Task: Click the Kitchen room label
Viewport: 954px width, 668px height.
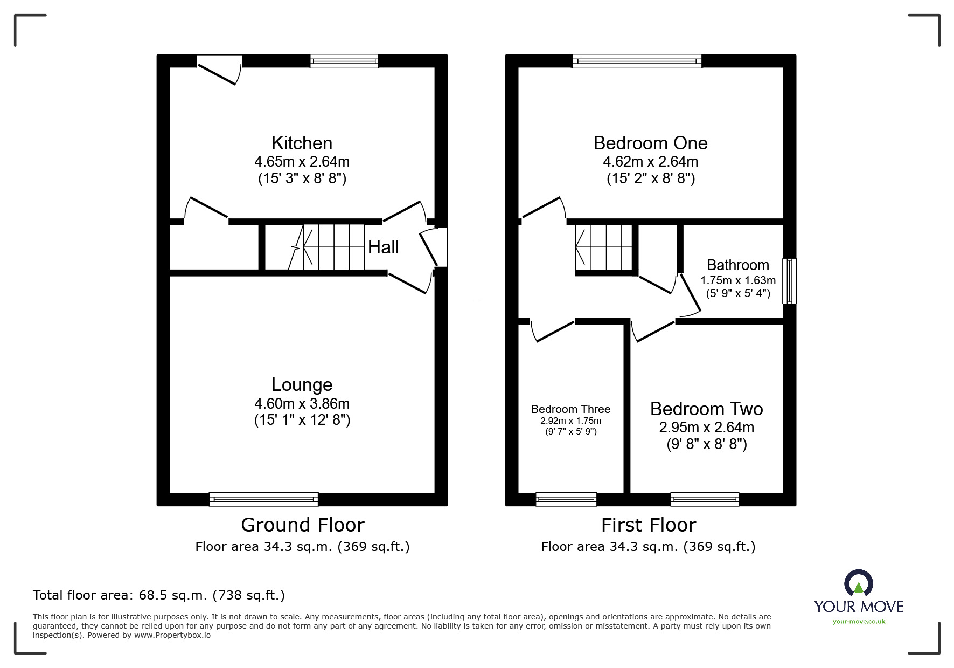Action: tap(302, 143)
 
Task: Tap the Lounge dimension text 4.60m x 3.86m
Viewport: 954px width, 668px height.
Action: tap(302, 403)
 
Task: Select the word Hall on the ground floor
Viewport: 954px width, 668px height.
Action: tap(383, 247)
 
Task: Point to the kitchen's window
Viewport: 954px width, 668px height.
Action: tap(344, 61)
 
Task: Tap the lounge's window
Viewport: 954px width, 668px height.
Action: tap(263, 499)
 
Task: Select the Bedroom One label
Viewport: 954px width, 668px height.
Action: tap(650, 143)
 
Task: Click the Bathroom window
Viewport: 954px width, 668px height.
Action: tap(789, 281)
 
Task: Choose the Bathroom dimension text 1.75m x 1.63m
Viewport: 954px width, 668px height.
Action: tap(737, 280)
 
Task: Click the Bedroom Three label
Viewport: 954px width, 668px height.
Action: tap(570, 409)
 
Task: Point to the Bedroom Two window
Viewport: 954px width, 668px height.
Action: tap(704, 499)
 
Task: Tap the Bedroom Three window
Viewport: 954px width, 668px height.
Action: tap(566, 499)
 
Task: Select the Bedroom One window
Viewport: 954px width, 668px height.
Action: tap(637, 61)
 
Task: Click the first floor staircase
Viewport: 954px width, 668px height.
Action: tap(603, 247)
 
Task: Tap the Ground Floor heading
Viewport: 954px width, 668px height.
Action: tap(302, 525)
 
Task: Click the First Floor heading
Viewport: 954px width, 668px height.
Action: tap(648, 525)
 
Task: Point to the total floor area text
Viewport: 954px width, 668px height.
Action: tap(159, 595)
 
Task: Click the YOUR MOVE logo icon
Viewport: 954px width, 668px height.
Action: tap(858, 584)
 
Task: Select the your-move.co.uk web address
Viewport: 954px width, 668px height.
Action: tap(859, 622)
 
